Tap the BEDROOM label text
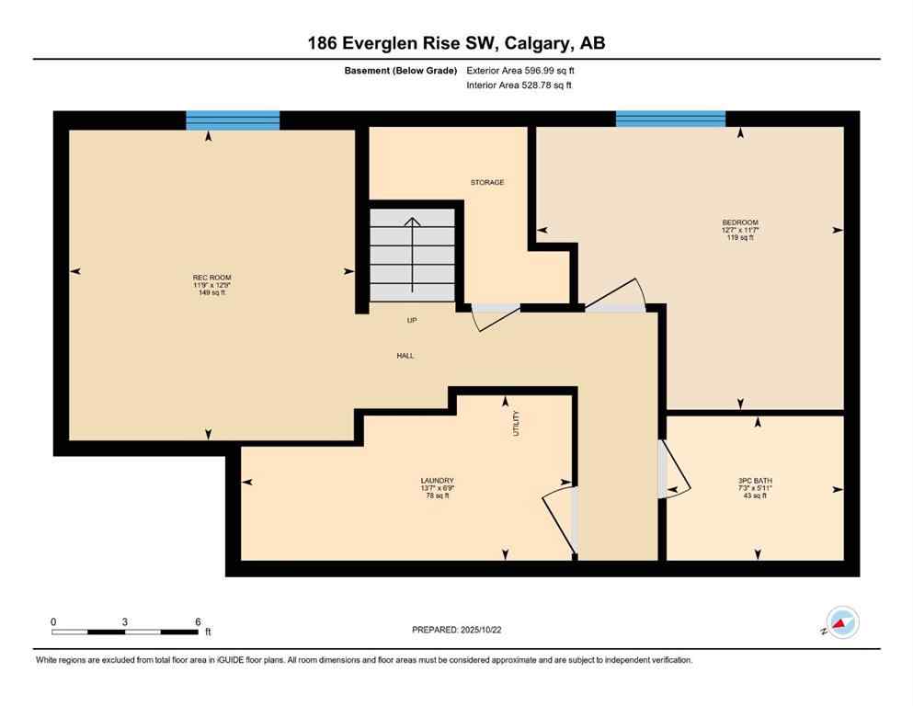click(x=739, y=222)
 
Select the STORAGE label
click(x=486, y=183)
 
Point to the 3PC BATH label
click(x=752, y=481)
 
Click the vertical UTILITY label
click(x=517, y=423)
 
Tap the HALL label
click(x=405, y=355)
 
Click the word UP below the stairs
click(x=413, y=321)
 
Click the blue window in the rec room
click(x=233, y=120)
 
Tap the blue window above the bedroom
click(x=670, y=119)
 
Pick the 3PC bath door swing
click(x=676, y=470)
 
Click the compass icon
click(x=841, y=622)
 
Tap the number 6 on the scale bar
click(x=198, y=621)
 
